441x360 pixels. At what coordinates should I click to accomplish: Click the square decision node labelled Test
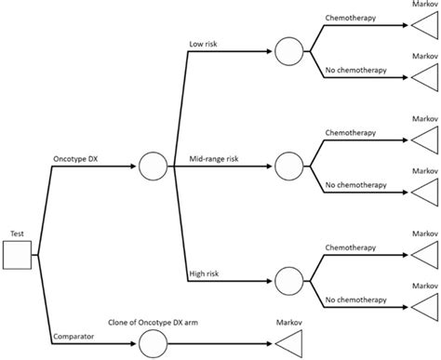click(18, 253)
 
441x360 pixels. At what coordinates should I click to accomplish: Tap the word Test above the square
click(17, 233)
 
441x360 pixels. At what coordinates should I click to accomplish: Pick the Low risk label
click(205, 44)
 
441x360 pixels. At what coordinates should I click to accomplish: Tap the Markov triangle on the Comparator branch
click(289, 345)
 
